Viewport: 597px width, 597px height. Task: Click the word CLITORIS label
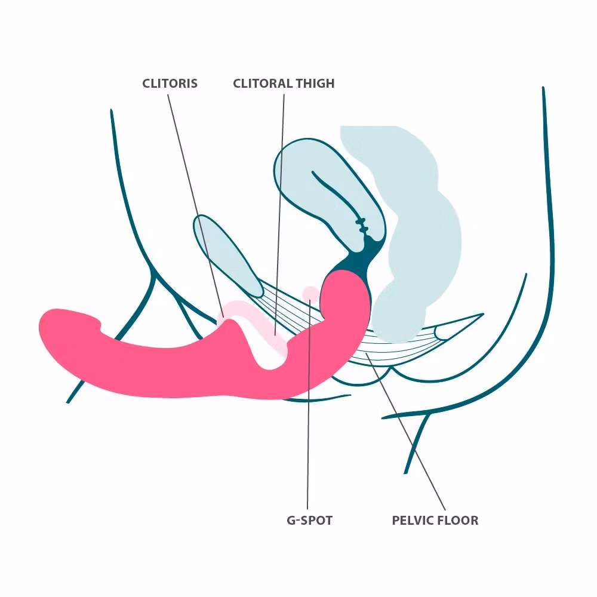[x=170, y=84]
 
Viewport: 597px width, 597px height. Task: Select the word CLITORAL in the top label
[x=263, y=84]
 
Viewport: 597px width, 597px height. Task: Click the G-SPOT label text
[x=309, y=520]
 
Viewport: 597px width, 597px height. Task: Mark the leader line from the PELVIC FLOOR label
[x=405, y=432]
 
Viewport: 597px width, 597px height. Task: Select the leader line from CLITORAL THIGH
[x=279, y=215]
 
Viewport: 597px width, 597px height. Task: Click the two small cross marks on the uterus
[x=361, y=225]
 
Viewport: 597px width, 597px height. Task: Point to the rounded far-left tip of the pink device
[x=41, y=327]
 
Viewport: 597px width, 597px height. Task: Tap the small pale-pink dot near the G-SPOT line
[x=310, y=293]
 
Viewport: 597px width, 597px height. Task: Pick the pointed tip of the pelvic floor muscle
[x=483, y=314]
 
